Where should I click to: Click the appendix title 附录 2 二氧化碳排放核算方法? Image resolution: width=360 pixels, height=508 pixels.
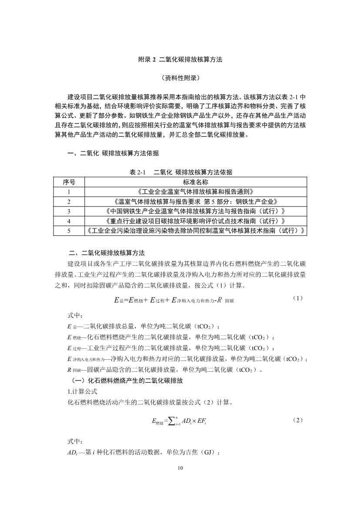click(x=180, y=60)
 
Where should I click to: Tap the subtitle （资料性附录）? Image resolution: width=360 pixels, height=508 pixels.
click(x=180, y=78)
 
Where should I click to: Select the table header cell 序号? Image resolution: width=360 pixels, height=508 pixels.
click(x=69, y=182)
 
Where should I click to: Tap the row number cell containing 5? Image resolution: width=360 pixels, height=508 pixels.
click(x=69, y=231)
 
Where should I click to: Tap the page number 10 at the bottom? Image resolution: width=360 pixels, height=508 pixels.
click(x=180, y=468)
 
